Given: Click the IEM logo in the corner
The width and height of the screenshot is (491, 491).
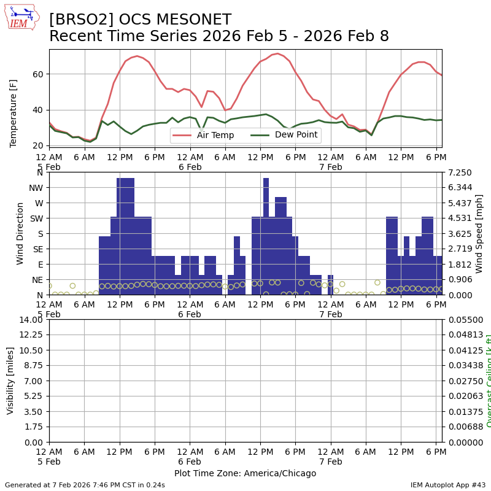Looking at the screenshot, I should click(21, 17).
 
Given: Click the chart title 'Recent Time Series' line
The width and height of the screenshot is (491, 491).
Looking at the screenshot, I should click(219, 36).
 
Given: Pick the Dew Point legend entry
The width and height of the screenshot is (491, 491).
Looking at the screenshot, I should click(285, 135).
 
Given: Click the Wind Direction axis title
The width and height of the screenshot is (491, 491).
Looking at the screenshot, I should click(20, 233).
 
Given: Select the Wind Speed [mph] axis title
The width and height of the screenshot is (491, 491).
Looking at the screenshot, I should click(479, 233).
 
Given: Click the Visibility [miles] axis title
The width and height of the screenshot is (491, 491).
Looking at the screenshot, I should click(10, 381).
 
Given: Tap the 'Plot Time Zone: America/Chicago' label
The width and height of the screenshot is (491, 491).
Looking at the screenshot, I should click(245, 473).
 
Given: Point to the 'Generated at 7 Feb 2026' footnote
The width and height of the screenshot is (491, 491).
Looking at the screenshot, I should click(85, 485).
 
